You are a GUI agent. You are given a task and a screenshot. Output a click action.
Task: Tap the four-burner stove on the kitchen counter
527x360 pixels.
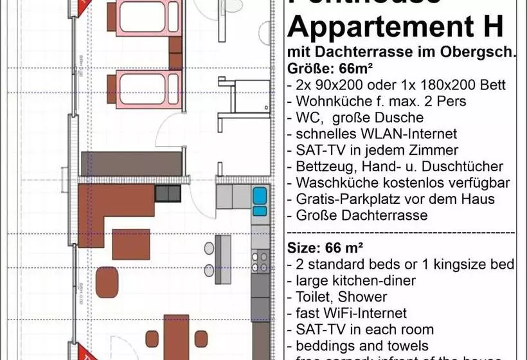coord(260,261)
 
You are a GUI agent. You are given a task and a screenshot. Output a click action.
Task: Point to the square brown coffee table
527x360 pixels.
coord(131,244)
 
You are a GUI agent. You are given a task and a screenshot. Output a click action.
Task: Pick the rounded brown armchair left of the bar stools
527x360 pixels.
coord(107,281)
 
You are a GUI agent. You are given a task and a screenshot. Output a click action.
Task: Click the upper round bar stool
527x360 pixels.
coord(209,248)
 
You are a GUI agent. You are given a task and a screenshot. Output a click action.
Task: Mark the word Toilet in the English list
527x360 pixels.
coord(314,297)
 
